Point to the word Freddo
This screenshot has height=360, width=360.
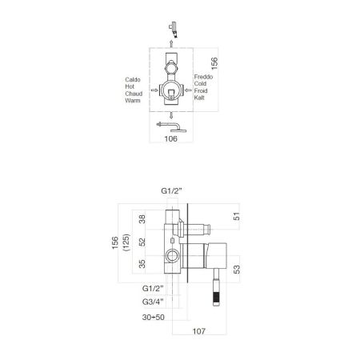click(204, 76)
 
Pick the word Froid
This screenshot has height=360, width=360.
click(202, 90)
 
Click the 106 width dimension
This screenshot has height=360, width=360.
click(169, 138)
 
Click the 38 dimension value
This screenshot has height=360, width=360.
click(142, 218)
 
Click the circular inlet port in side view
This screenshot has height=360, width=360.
click(170, 256)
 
